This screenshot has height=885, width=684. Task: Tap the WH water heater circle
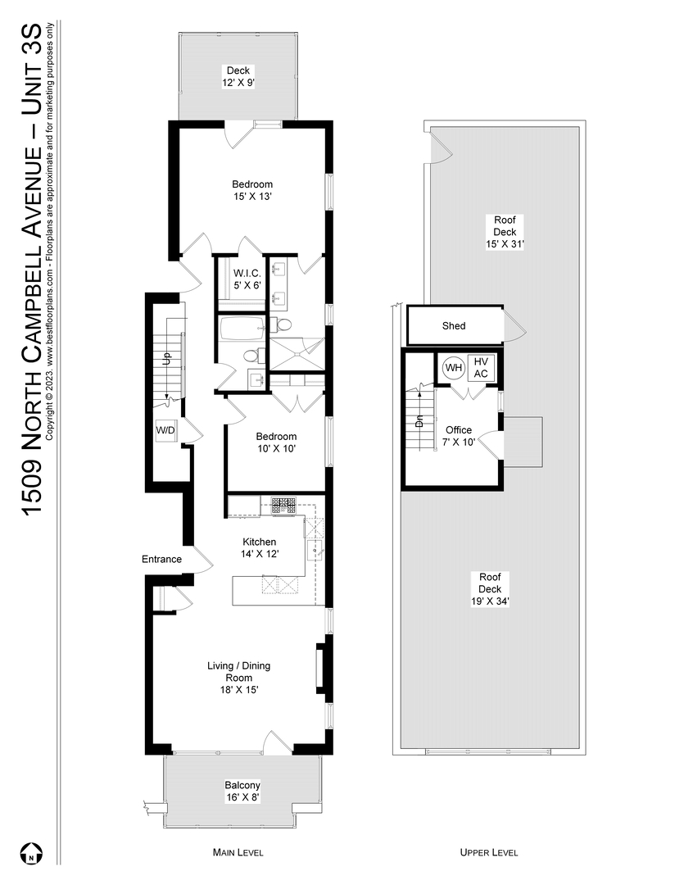point(453,368)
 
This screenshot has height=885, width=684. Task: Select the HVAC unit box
point(481,368)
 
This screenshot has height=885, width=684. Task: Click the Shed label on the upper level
point(454,325)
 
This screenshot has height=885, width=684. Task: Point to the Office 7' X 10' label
point(459,436)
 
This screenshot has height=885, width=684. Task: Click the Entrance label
point(161,559)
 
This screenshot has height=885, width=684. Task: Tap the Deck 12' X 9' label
point(238,76)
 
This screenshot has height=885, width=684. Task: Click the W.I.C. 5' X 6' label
point(246,279)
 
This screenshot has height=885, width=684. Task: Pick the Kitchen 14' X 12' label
point(259,547)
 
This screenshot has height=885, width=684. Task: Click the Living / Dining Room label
point(238,678)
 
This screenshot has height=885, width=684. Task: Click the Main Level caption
point(238,852)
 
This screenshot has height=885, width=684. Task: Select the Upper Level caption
point(489,852)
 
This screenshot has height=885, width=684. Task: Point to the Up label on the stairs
point(165,359)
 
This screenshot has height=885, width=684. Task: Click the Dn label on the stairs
point(419,422)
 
